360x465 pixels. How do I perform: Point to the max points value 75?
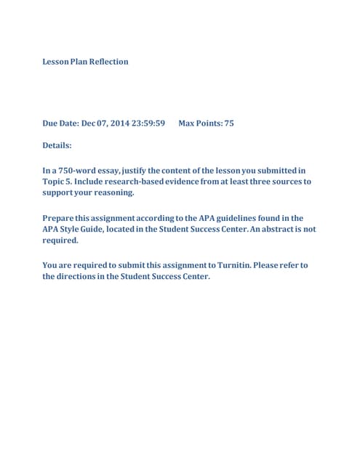click(229, 124)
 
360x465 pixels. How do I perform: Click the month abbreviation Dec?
click(89, 124)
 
